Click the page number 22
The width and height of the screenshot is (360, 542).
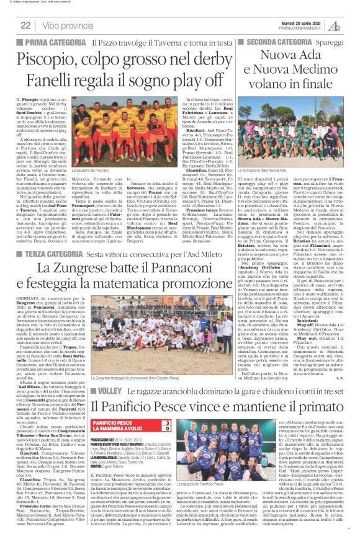click(25, 25)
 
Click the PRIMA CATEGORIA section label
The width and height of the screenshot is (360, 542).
click(56, 42)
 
